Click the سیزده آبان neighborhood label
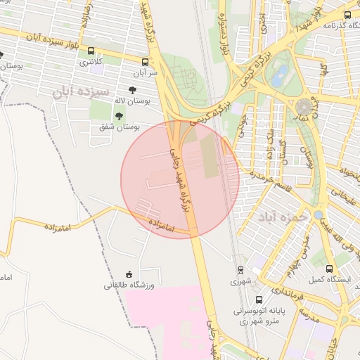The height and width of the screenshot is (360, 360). click(x=82, y=91)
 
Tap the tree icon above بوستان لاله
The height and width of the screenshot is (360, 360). click(x=132, y=89)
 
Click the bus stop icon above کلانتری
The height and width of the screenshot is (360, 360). click(x=91, y=51)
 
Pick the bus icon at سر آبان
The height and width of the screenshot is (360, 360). click(x=145, y=61)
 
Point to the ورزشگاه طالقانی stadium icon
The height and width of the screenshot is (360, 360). click(x=128, y=274)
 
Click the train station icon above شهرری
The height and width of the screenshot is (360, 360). click(x=240, y=269)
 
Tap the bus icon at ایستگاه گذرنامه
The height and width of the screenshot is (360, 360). click(x=347, y=15)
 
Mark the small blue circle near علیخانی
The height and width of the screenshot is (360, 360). click(x=318, y=215)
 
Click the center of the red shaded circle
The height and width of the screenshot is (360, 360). click(x=180, y=179)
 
